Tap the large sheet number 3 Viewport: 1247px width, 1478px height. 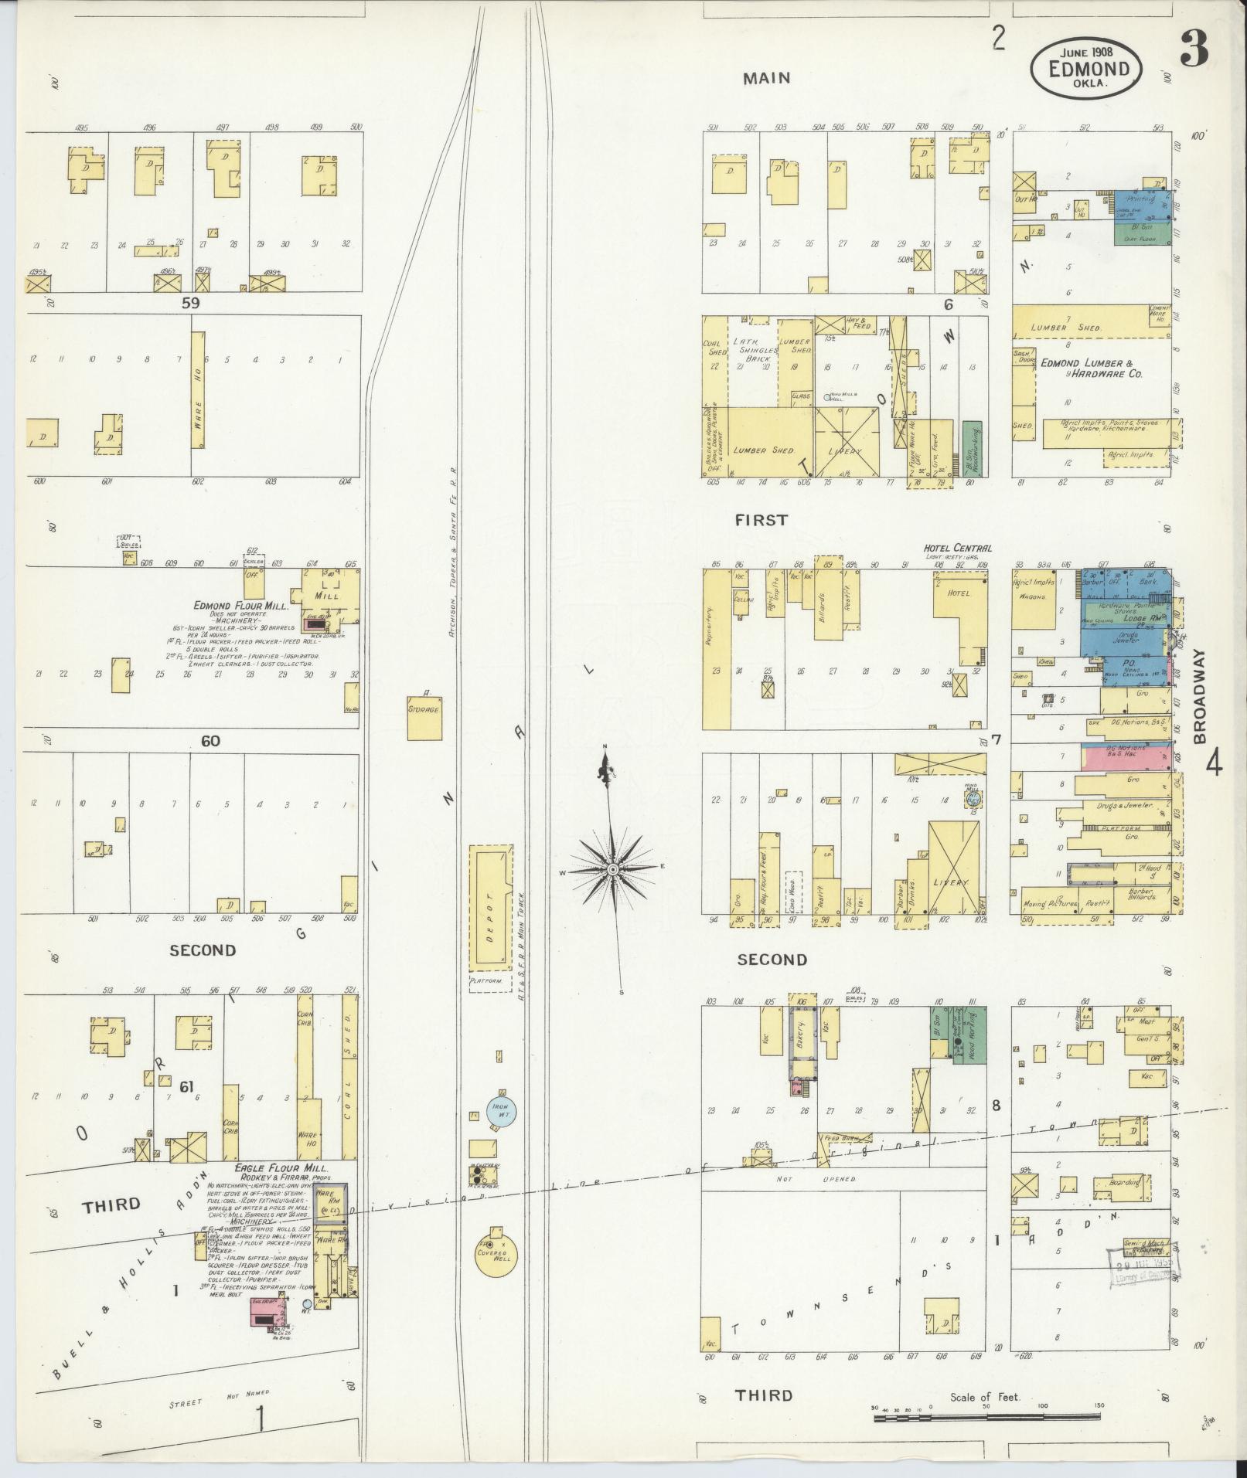1196,53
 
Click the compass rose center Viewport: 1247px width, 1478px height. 612,870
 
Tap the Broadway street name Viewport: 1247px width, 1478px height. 1200,695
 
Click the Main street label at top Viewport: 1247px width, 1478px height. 766,77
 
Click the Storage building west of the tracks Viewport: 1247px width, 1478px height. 424,708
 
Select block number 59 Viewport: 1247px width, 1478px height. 190,304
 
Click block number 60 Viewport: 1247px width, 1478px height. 210,741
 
